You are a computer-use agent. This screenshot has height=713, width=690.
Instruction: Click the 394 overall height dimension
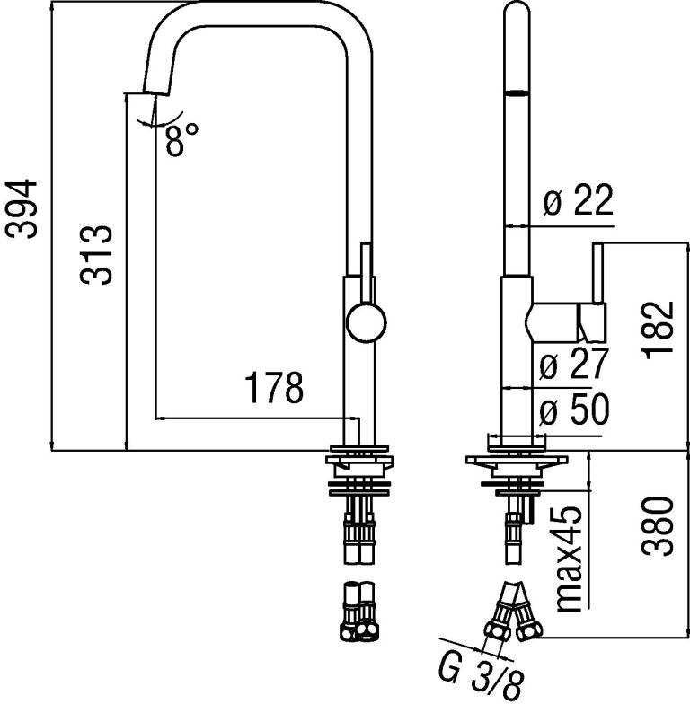tap(21, 208)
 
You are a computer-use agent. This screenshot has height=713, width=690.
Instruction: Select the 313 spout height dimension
tap(96, 255)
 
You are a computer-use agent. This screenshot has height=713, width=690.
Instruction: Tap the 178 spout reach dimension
tap(274, 388)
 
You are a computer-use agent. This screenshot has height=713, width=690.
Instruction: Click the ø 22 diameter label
tap(579, 199)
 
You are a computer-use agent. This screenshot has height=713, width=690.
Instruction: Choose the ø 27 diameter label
tap(573, 364)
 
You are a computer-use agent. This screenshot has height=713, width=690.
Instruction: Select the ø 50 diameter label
tap(574, 409)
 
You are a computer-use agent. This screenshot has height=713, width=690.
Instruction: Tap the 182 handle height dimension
tap(658, 330)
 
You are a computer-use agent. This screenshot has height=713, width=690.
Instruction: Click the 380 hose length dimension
tap(657, 526)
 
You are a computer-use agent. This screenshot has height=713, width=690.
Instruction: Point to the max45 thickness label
tap(569, 559)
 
